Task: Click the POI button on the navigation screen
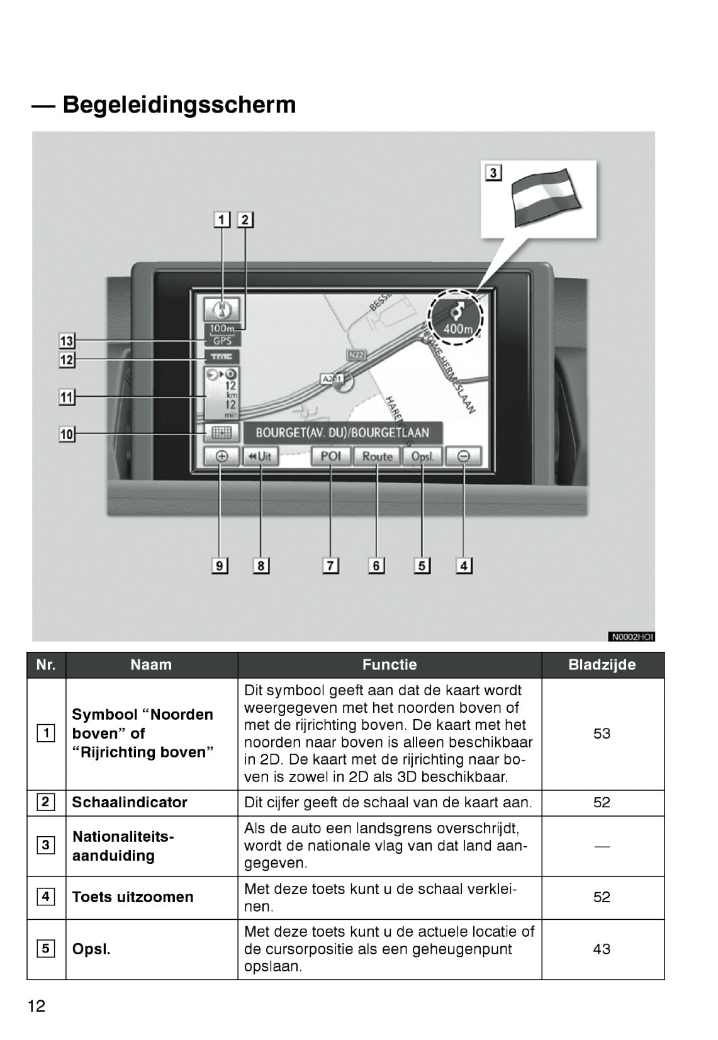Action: (x=331, y=456)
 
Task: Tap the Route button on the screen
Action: (x=377, y=456)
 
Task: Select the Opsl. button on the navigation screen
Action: (x=423, y=456)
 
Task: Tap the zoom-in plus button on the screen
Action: (x=222, y=456)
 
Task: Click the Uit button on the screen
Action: (x=260, y=456)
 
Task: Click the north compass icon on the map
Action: (x=222, y=308)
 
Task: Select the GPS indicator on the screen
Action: (x=222, y=341)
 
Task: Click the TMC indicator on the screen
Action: (x=222, y=357)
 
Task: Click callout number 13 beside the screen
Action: (x=67, y=341)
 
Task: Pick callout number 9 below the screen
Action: (x=219, y=566)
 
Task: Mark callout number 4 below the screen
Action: (x=464, y=566)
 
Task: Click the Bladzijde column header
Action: (x=602, y=664)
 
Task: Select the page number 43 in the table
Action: (x=602, y=949)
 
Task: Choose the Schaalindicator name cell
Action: (x=130, y=802)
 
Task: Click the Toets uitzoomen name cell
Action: (x=133, y=897)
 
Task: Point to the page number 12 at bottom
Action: (x=36, y=1006)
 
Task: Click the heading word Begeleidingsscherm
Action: (x=179, y=104)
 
